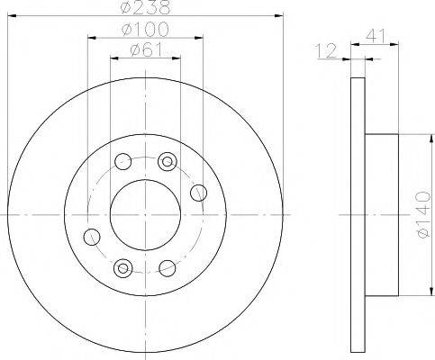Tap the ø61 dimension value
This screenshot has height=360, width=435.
[145, 50]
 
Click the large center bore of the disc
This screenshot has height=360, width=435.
[145, 216]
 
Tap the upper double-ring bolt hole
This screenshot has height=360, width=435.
[166, 162]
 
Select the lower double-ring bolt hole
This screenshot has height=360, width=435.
[124, 267]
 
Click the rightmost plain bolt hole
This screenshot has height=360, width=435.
[199, 191]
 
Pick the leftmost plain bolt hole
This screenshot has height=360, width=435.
[91, 237]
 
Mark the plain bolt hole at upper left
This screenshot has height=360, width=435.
[124, 163]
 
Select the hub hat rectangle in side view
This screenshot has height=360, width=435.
[380, 215]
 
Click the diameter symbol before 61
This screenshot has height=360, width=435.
[134, 50]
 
